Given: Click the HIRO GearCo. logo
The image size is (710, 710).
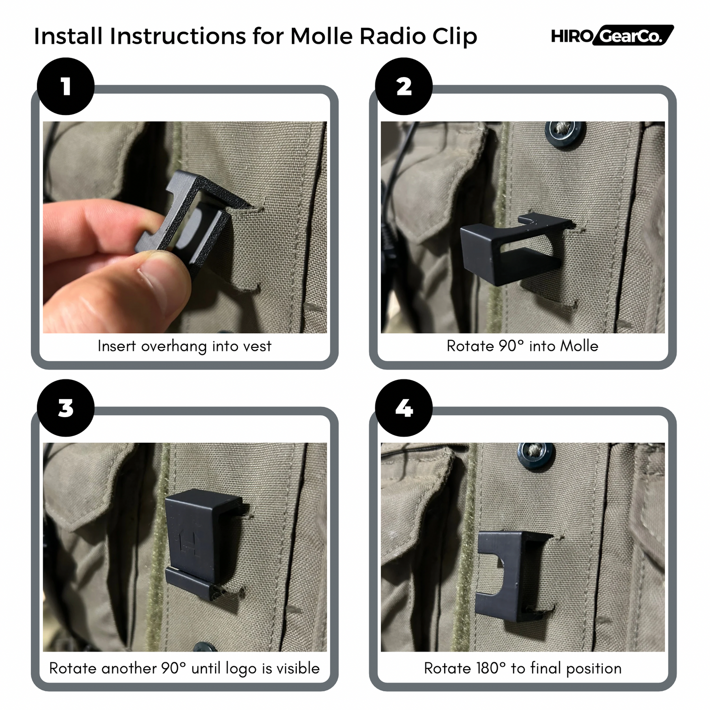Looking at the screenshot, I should click(x=612, y=35).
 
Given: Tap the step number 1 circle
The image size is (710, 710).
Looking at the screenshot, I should click(x=66, y=86).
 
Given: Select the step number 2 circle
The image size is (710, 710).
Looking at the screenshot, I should click(x=403, y=86).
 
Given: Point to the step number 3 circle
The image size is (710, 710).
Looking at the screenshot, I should click(x=66, y=408).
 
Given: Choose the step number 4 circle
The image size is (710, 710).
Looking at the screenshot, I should click(x=403, y=408).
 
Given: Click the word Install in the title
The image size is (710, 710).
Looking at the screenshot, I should click(x=68, y=36).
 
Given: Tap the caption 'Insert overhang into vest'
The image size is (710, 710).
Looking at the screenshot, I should click(x=184, y=346).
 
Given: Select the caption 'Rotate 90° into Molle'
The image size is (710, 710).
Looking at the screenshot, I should click(x=522, y=346).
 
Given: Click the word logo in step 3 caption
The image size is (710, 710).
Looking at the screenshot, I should click(x=242, y=669).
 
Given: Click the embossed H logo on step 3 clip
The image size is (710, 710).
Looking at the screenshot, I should click(x=189, y=541).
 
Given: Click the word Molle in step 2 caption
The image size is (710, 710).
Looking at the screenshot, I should click(x=579, y=346).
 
